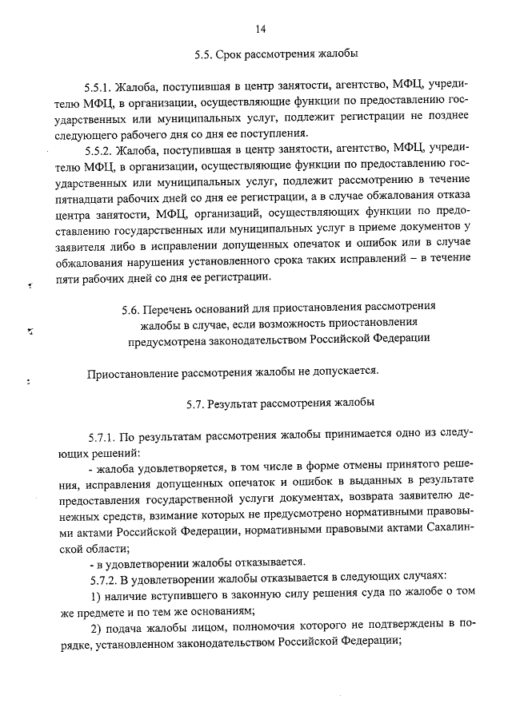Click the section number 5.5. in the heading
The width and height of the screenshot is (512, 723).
click(x=202, y=55)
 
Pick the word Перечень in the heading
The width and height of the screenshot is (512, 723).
click(x=175, y=307)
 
